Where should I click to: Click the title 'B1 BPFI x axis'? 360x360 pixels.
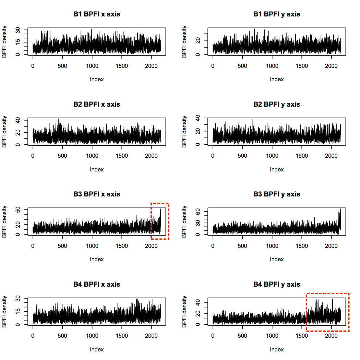(x=97, y=14)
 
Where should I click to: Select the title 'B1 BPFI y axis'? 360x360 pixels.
(x=277, y=14)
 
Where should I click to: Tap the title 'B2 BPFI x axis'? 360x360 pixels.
(x=97, y=104)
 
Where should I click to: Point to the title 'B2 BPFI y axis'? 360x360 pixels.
(x=277, y=104)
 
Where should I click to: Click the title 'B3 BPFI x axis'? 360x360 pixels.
(x=97, y=194)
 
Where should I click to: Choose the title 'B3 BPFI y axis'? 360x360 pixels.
(x=277, y=194)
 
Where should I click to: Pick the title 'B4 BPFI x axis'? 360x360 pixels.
(x=97, y=284)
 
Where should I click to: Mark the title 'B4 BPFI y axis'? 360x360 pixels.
(x=277, y=284)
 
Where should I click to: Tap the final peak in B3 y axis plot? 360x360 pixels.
(x=340, y=209)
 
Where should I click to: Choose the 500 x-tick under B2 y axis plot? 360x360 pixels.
(x=242, y=155)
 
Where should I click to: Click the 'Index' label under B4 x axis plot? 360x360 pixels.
(x=97, y=349)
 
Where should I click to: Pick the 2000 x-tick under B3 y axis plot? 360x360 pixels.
(x=331, y=245)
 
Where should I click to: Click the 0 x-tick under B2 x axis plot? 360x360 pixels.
(x=33, y=155)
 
